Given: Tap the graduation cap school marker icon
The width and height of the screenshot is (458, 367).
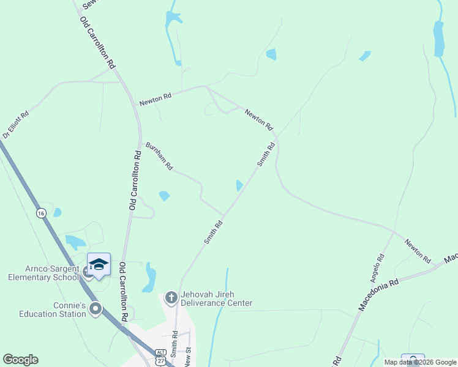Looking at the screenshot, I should (x=99, y=265).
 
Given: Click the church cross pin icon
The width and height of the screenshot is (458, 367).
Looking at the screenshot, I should (x=171, y=298).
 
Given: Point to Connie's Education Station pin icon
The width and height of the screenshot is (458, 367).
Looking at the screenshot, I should (x=95, y=309).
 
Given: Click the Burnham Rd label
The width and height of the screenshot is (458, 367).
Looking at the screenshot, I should (x=159, y=156).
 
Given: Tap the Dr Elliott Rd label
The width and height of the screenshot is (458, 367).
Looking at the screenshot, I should (x=15, y=124).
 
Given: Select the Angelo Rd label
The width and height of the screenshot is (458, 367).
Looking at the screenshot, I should (x=377, y=267).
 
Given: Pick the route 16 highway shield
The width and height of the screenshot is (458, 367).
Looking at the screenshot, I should (x=40, y=213).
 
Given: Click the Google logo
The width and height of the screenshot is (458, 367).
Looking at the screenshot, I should (x=20, y=360).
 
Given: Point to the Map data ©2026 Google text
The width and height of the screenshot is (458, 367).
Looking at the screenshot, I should (x=420, y=362).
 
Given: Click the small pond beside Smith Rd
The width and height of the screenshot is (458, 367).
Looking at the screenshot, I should (x=239, y=185).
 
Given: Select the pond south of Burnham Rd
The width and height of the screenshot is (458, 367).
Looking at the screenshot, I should (x=164, y=196).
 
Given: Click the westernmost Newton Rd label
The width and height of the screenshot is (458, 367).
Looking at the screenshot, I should (x=155, y=96).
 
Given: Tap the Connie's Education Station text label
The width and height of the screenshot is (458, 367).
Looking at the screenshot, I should (x=53, y=310).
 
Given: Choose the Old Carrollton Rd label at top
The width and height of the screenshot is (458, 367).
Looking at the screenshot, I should (x=98, y=42).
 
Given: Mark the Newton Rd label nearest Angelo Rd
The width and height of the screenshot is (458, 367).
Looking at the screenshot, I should (x=417, y=251).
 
